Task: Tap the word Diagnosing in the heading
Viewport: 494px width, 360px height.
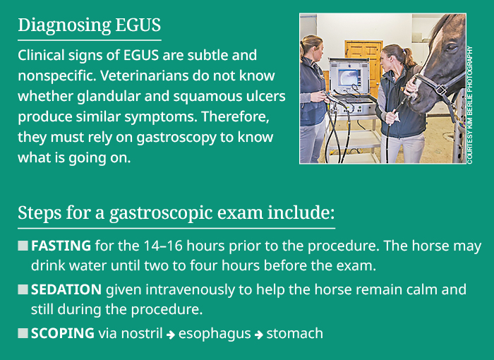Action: [x=63, y=25]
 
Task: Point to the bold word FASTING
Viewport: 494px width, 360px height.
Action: [x=61, y=246]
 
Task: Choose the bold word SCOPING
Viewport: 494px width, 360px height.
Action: [x=62, y=333]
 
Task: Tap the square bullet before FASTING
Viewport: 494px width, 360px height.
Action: [x=23, y=246]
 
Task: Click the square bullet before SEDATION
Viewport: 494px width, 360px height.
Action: [x=23, y=290]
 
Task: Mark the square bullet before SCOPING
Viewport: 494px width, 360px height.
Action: [x=23, y=333]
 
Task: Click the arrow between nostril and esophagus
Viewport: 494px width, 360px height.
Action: [x=170, y=335]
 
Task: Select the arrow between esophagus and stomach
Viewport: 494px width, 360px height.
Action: [x=259, y=335]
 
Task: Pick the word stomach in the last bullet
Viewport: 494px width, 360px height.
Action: [x=296, y=333]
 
